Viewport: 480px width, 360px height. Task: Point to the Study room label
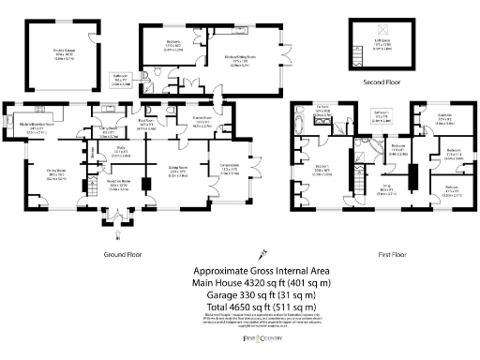[121, 148]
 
